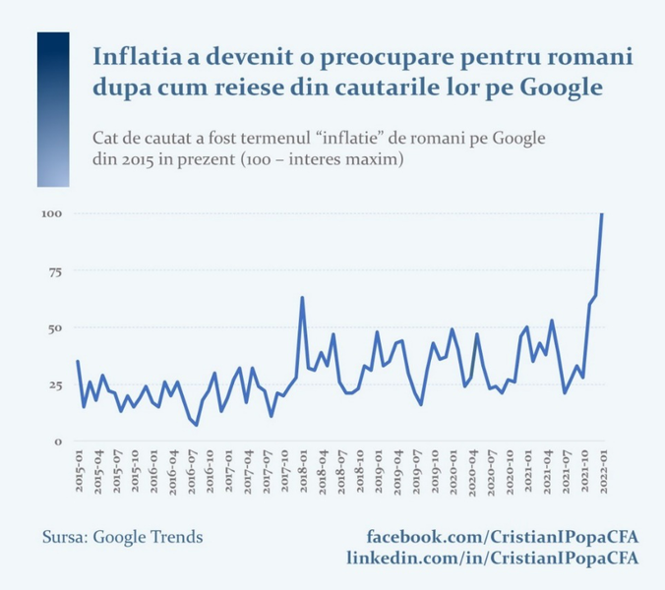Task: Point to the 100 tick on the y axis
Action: (x=52, y=213)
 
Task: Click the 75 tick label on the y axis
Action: (x=55, y=270)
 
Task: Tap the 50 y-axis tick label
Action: (x=55, y=327)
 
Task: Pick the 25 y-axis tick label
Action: (x=55, y=384)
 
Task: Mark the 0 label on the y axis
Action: (x=59, y=442)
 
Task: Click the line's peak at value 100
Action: (x=601, y=214)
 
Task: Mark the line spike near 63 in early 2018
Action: (x=302, y=297)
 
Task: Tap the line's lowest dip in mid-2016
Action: (x=196, y=425)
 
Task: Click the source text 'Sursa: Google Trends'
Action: (x=122, y=537)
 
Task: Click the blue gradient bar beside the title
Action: (x=53, y=108)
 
